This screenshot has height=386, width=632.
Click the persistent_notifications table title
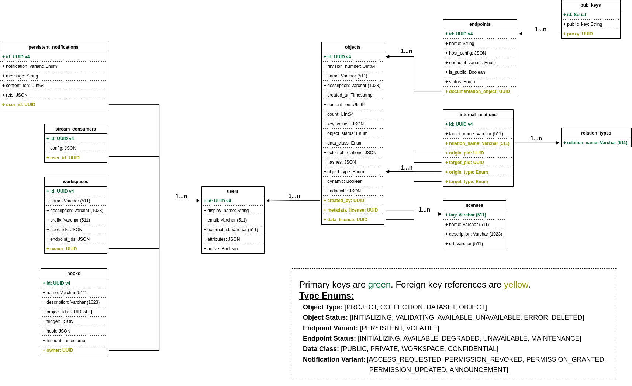point(53,47)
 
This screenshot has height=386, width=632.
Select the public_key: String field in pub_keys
point(583,24)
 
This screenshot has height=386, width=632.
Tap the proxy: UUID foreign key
point(578,34)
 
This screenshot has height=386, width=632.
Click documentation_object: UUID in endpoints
point(477,91)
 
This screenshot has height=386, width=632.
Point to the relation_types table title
point(596,133)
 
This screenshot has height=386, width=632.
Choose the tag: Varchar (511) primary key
point(466,215)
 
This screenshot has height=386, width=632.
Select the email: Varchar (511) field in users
point(225,220)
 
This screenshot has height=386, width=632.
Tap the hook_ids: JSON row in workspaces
point(64,230)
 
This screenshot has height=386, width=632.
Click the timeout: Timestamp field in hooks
point(64,341)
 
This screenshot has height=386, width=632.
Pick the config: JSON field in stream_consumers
point(61,148)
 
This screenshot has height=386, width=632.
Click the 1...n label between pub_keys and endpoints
point(540,29)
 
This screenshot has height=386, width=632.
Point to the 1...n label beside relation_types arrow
point(536,139)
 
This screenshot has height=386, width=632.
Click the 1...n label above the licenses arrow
point(424,209)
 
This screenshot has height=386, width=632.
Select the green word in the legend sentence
point(379,285)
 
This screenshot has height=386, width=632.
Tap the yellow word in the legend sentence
point(516,285)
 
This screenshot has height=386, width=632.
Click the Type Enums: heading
point(327,296)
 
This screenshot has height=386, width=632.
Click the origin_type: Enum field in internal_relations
point(466,172)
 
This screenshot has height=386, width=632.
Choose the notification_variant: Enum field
point(30,66)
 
